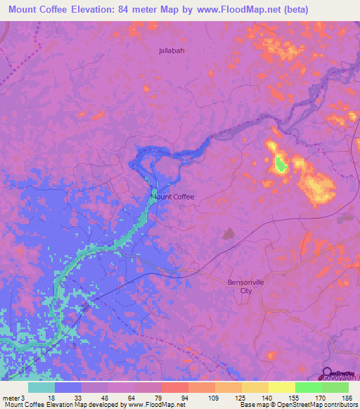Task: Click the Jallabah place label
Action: [172, 51]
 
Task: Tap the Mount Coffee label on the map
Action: [172, 197]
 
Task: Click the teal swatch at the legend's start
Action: [41, 387]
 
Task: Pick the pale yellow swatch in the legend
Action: [281, 387]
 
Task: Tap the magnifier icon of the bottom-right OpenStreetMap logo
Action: [328, 372]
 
